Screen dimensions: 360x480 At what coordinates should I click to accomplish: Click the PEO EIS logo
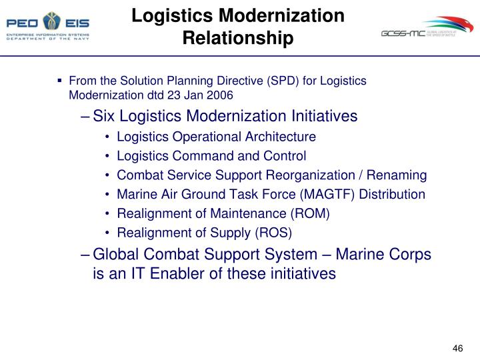47,25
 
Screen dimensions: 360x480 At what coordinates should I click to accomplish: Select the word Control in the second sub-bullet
285,156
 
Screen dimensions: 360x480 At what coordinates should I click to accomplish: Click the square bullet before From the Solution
60,80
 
